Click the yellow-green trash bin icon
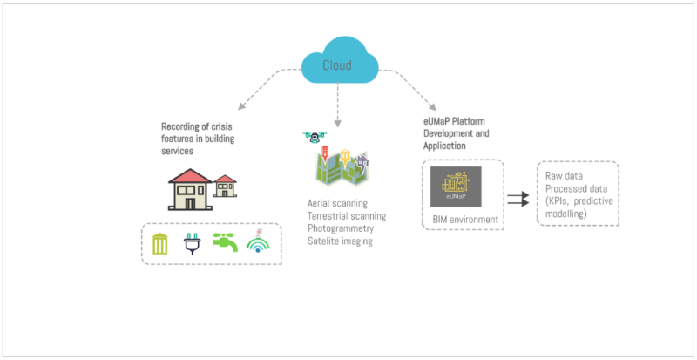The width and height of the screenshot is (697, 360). click(x=160, y=244)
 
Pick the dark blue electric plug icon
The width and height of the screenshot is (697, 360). click(x=191, y=244)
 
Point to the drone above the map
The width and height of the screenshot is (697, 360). click(x=313, y=137)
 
